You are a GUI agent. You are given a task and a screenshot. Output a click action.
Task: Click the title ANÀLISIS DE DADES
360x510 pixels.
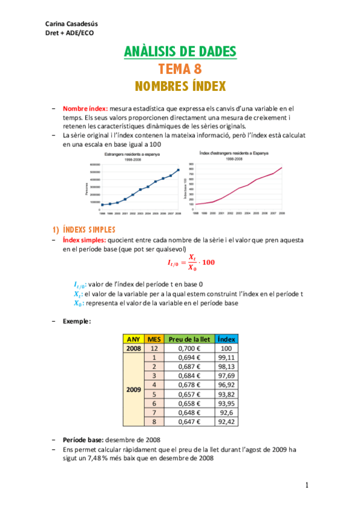tap(180, 52)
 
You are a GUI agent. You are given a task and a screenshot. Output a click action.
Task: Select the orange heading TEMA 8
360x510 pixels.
tap(180, 69)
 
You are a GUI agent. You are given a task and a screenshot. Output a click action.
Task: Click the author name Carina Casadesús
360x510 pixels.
tap(72, 23)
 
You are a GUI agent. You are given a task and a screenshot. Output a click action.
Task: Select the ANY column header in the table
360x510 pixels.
tap(133, 339)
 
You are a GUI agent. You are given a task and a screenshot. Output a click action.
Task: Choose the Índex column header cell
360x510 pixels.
tap(226, 339)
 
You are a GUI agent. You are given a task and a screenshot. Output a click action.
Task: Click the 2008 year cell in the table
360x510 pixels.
tap(133, 348)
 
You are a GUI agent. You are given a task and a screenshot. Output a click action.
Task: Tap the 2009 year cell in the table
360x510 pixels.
tap(133, 389)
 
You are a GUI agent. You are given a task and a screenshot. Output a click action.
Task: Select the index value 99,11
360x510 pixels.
tap(226, 357)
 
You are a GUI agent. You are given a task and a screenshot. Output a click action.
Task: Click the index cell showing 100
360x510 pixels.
tap(226, 348)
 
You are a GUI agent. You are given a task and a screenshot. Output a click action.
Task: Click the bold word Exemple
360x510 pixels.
tap(77, 322)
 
